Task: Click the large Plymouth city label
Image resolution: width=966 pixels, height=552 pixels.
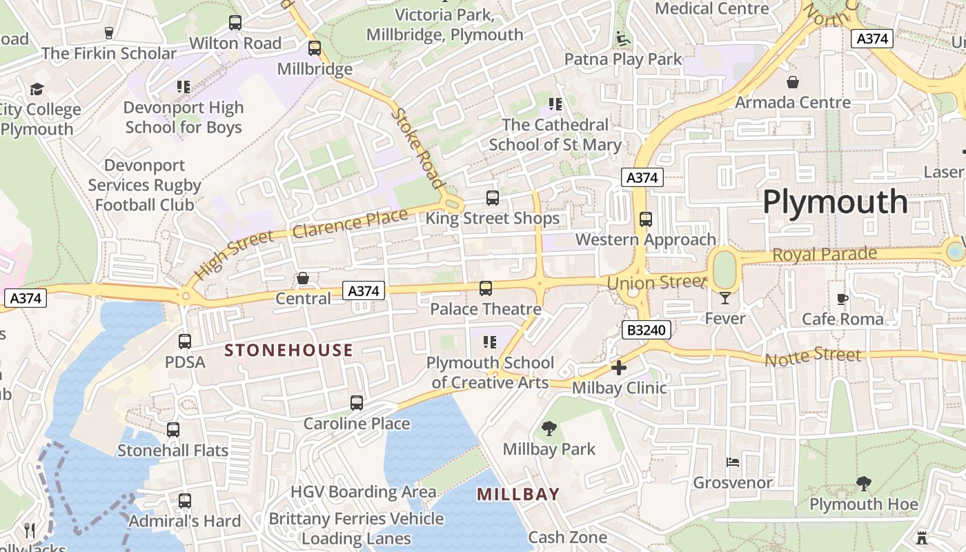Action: click(835, 202)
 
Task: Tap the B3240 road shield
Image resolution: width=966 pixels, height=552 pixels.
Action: click(646, 331)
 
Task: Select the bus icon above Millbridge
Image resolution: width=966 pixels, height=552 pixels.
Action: click(315, 48)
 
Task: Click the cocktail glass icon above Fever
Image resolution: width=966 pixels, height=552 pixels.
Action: click(724, 298)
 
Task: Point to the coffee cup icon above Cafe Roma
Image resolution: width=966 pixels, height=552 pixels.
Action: click(842, 299)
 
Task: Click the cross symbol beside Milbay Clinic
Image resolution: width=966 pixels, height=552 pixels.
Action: click(619, 368)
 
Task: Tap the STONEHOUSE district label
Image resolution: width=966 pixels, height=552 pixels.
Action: click(288, 351)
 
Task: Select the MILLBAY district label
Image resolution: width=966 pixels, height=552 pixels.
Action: click(518, 494)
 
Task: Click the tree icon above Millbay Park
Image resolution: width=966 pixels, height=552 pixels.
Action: click(549, 429)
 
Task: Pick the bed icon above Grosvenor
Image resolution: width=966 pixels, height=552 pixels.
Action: click(733, 462)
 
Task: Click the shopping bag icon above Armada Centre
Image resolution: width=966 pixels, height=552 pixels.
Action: click(793, 82)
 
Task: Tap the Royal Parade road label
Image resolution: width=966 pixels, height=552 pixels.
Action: click(824, 255)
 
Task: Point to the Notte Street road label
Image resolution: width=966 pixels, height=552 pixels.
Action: click(813, 357)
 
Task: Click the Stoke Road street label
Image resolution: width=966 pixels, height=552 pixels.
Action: click(417, 148)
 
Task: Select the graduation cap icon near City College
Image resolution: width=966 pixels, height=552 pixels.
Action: click(37, 90)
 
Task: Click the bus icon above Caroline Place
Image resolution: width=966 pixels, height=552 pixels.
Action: click(357, 403)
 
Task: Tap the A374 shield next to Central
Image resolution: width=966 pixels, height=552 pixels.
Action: click(364, 291)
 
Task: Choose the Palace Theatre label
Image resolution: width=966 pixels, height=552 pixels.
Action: click(485, 309)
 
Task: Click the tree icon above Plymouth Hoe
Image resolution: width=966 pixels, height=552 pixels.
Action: click(863, 484)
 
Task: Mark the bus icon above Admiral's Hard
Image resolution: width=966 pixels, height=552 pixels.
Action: click(185, 501)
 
